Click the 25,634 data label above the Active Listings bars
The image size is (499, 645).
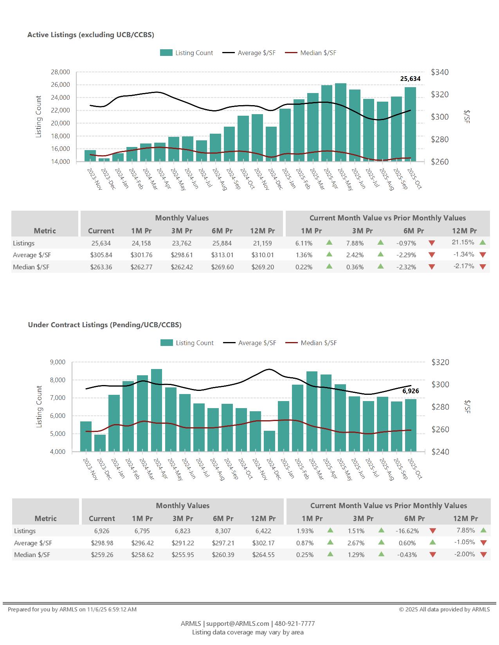(410, 79)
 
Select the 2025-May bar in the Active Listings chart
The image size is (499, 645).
(340, 122)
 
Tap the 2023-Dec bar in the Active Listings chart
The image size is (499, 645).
(104, 159)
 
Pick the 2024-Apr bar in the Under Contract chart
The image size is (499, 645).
(157, 410)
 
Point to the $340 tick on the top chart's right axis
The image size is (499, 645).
(440, 72)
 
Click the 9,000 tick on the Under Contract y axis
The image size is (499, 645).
(58, 362)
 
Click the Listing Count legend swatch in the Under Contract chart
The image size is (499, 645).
(167, 343)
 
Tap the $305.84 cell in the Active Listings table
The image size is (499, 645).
(101, 255)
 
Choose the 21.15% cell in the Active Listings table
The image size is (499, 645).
(463, 242)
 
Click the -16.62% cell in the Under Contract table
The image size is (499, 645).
(407, 531)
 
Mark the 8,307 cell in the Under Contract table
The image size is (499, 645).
(223, 531)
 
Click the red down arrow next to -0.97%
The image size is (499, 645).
(432, 243)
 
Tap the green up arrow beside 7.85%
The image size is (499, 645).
(483, 530)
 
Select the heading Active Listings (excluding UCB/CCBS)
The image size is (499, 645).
(91, 35)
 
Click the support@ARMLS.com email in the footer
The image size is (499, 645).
(238, 623)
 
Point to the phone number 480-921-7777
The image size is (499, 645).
(295, 623)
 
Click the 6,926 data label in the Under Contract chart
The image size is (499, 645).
(411, 391)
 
